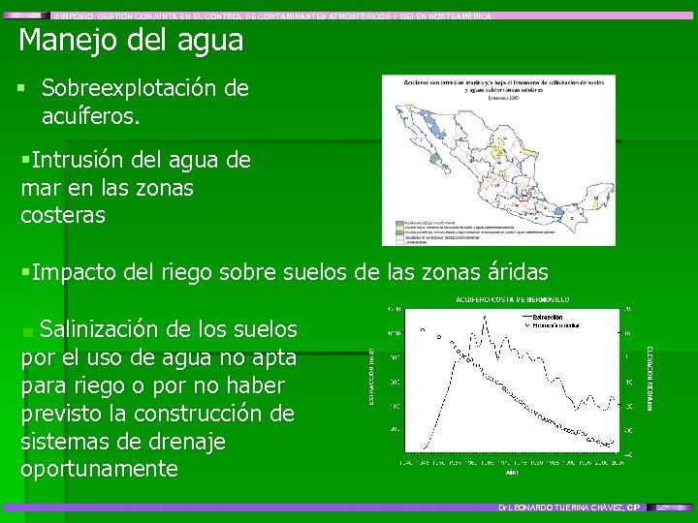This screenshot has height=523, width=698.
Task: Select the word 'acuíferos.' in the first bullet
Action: coord(91,117)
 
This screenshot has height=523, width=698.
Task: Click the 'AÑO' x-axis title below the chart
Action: coord(511,474)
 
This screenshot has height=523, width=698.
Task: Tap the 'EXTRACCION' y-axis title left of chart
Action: coord(372,378)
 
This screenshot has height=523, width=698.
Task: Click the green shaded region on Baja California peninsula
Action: coord(438,158)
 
